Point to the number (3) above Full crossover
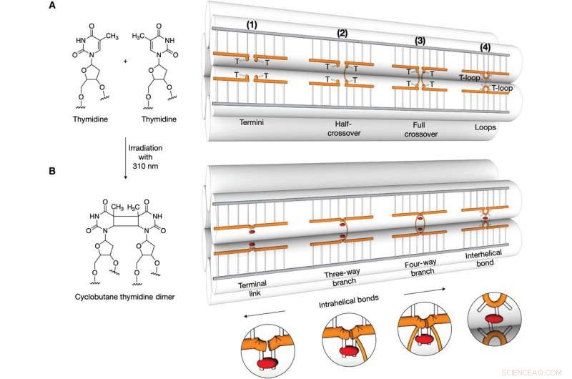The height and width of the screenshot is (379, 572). pos(420,41)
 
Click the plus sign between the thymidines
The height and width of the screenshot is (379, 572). pos(126,61)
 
